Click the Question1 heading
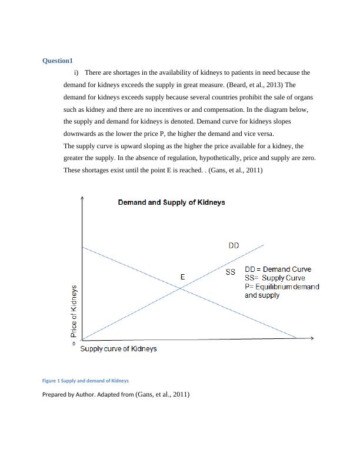pyautogui.click(x=57, y=61)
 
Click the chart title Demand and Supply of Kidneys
pyautogui.click(x=171, y=202)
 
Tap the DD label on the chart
pyautogui.click(x=234, y=246)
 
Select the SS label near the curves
pyautogui.click(x=231, y=272)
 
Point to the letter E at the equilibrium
pyautogui.click(x=182, y=277)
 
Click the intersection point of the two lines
pyautogui.click(x=180, y=288)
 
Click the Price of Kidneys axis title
pyautogui.click(x=74, y=311)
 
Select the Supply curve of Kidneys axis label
pyautogui.click(x=118, y=349)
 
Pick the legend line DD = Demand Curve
pyautogui.click(x=278, y=269)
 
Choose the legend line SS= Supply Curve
pyautogui.click(x=275, y=278)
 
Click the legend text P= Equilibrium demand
pyautogui.click(x=282, y=287)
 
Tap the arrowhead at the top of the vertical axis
pyautogui.click(x=81, y=198)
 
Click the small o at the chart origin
pyautogui.click(x=74, y=343)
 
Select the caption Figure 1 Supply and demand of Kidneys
pyautogui.click(x=85, y=381)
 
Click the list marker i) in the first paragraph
pyautogui.click(x=76, y=73)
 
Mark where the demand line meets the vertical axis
pyautogui.click(x=82, y=247)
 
